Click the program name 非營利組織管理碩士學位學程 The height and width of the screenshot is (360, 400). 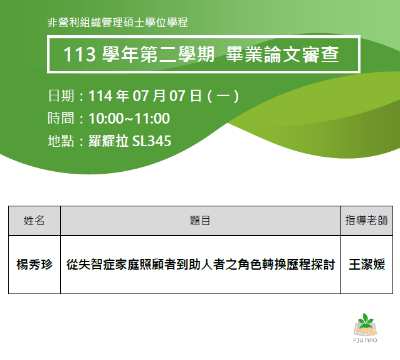[118, 23]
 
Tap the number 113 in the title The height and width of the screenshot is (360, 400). [80, 55]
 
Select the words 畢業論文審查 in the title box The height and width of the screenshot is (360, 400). [282, 55]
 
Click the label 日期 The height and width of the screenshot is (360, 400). [61, 96]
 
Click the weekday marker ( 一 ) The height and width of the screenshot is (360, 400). [223, 96]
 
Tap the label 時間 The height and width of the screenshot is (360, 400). [61, 119]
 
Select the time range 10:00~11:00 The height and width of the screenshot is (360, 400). [129, 119]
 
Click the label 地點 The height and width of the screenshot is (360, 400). [61, 141]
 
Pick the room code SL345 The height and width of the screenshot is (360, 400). [152, 141]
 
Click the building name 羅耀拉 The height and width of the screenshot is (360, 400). [108, 141]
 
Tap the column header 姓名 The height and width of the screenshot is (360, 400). [34, 220]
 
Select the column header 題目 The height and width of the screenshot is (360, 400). [200, 220]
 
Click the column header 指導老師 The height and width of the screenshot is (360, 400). [367, 220]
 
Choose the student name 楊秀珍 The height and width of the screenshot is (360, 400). [34, 264]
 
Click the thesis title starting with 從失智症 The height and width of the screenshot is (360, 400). [201, 264]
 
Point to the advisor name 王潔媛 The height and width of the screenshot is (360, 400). [367, 264]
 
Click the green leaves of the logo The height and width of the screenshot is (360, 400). [366, 319]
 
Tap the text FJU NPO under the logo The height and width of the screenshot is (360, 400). [366, 341]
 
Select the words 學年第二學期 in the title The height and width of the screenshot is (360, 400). [158, 55]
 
